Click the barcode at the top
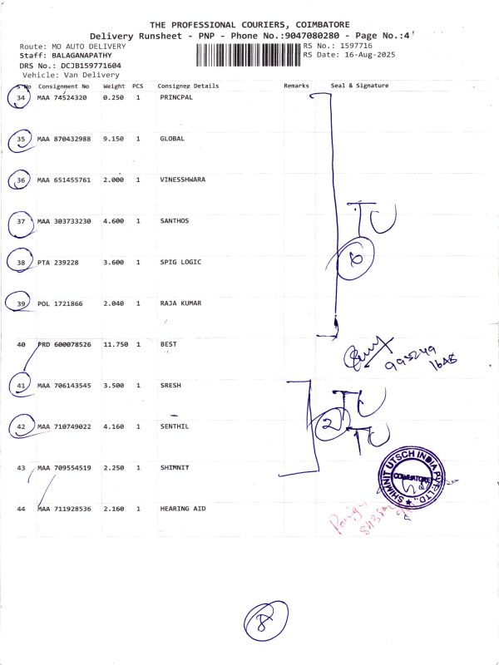click(248, 56)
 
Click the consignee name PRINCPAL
click(175, 98)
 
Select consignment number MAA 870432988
click(66, 139)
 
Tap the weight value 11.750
click(115, 344)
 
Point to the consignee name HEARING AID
click(182, 508)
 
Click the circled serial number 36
click(21, 180)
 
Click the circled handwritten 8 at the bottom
click(264, 622)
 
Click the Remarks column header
click(296, 86)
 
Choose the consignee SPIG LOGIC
click(180, 262)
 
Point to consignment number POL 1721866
click(61, 303)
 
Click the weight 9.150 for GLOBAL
click(113, 139)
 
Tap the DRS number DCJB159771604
click(78, 65)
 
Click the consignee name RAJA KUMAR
click(180, 303)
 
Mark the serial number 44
click(21, 508)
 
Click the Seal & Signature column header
click(359, 86)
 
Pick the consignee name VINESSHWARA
click(182, 180)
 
